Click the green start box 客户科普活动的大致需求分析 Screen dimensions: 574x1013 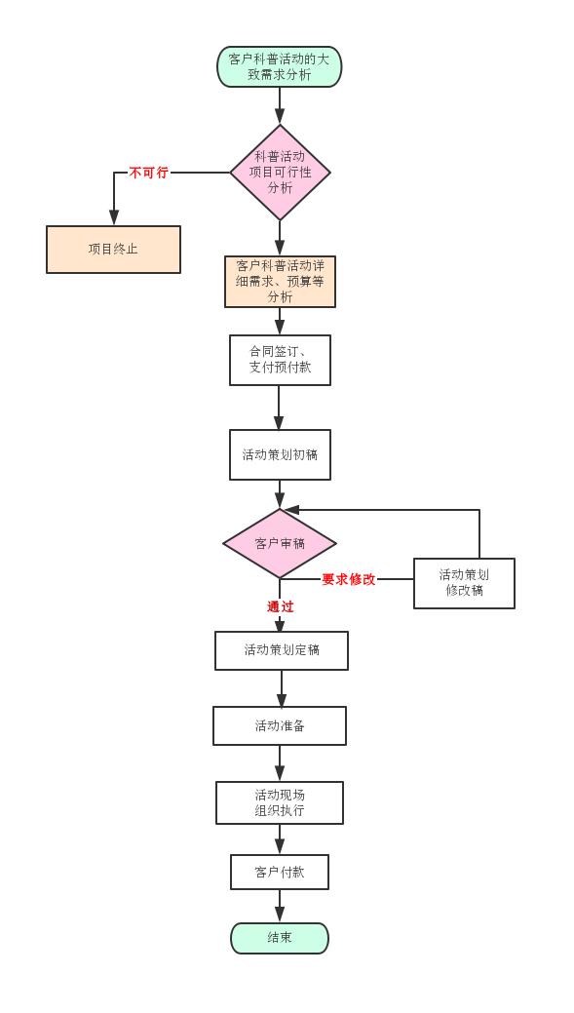pyautogui.click(x=280, y=66)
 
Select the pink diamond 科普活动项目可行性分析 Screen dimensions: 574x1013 pyautogui.click(x=281, y=173)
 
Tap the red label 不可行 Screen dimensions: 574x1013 pyautogui.click(x=148, y=173)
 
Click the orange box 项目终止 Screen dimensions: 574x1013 pyautogui.click(x=113, y=250)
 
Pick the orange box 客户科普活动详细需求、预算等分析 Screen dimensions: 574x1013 pyautogui.click(x=281, y=282)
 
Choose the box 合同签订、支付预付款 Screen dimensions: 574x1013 pyautogui.click(x=281, y=360)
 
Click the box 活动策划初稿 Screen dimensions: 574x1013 pyautogui.click(x=281, y=454)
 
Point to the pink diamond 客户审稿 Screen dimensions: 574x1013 pyautogui.click(x=280, y=543)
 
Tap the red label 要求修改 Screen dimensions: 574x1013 pyautogui.click(x=349, y=579)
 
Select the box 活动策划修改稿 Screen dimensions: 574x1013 pyautogui.click(x=464, y=583)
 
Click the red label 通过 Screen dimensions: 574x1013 pyautogui.click(x=281, y=606)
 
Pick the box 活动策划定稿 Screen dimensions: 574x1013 pyautogui.click(x=282, y=650)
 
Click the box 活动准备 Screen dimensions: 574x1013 pyautogui.click(x=280, y=725)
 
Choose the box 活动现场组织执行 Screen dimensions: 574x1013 pyautogui.click(x=280, y=802)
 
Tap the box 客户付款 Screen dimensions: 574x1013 pyautogui.click(x=280, y=873)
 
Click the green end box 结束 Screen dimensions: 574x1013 pyautogui.click(x=280, y=938)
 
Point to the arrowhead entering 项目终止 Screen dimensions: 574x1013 pyautogui.click(x=114, y=217)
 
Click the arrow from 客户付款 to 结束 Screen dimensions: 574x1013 pyautogui.click(x=280, y=906)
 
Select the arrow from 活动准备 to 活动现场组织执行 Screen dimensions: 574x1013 pyautogui.click(x=280, y=763)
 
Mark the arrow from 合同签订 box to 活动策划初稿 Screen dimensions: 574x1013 pyautogui.click(x=280, y=408)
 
